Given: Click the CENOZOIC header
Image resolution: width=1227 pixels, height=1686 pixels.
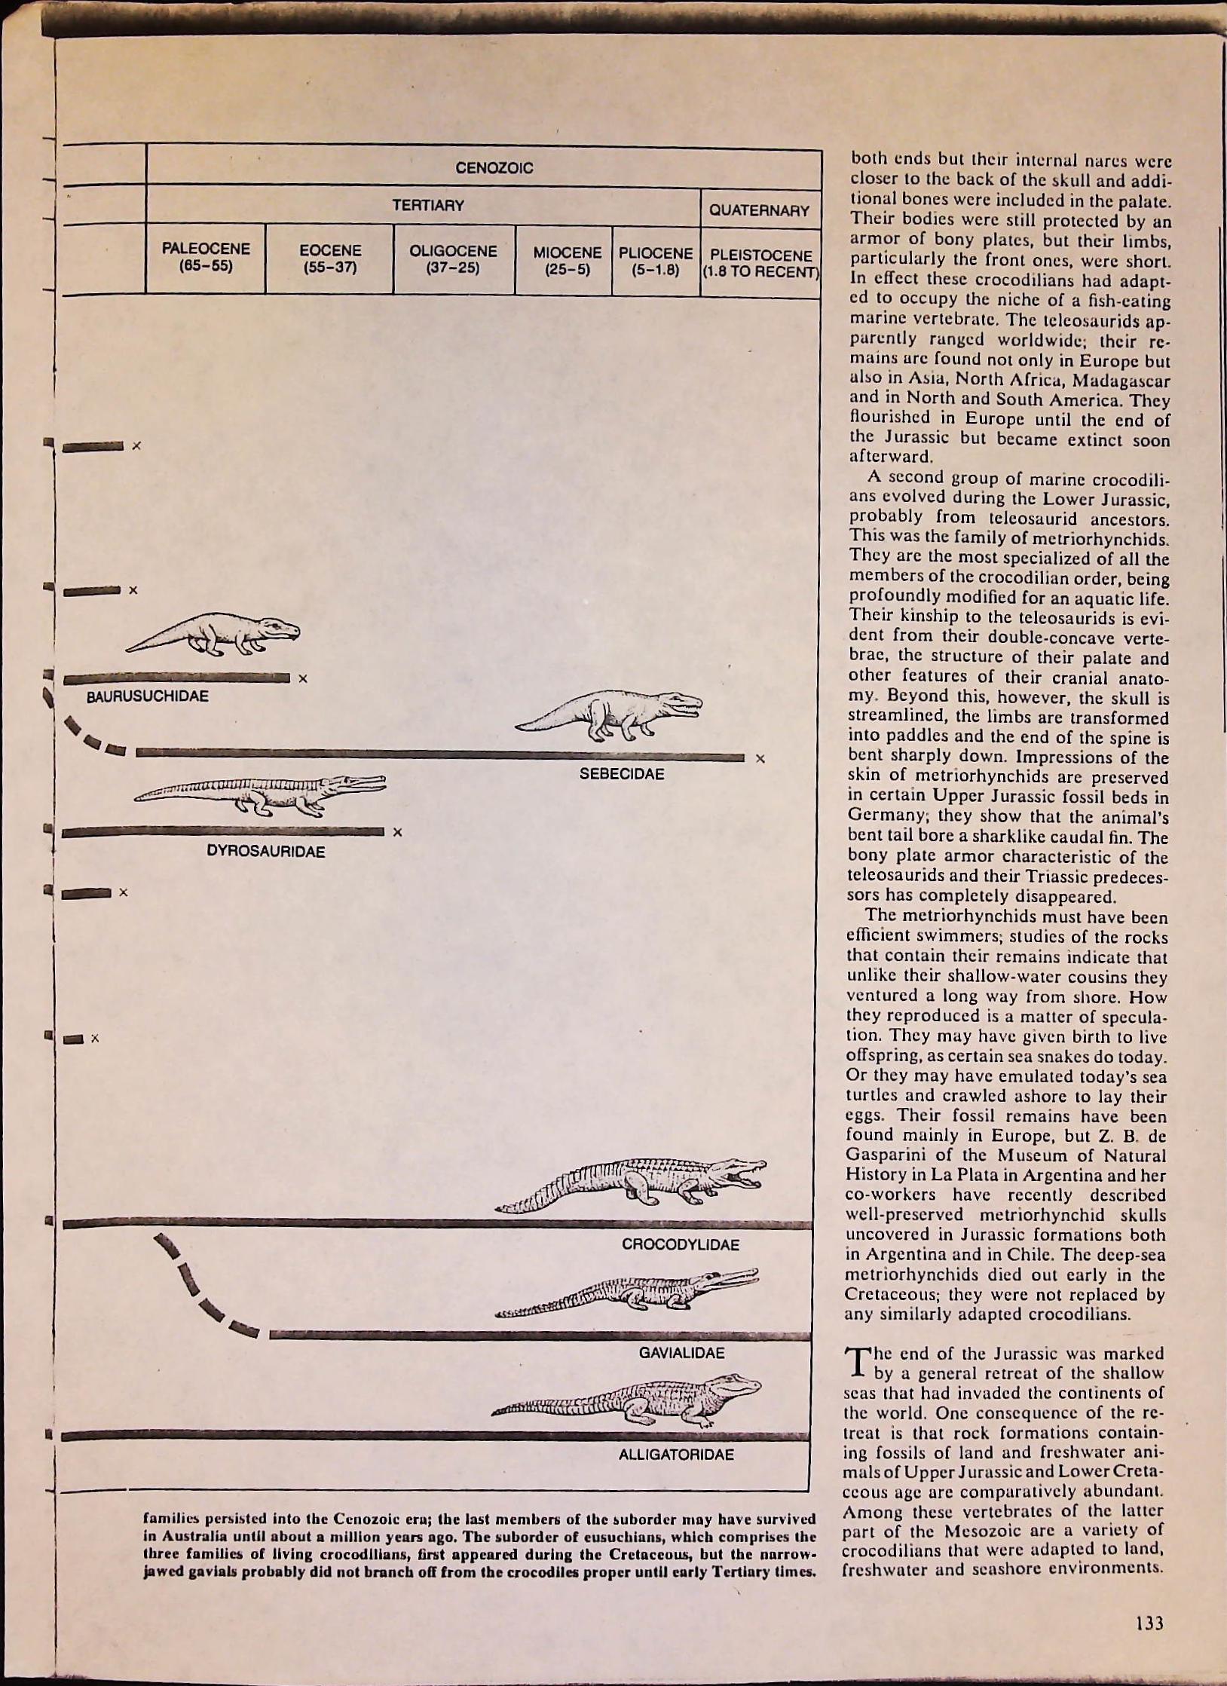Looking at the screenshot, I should pyautogui.click(x=494, y=168).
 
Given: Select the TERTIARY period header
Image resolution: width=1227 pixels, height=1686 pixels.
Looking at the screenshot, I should pyautogui.click(x=427, y=205).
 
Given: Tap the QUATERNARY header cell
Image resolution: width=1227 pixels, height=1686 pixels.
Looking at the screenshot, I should pyautogui.click(x=759, y=210).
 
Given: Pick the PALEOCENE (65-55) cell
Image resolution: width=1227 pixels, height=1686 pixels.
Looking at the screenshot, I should pyautogui.click(x=206, y=257).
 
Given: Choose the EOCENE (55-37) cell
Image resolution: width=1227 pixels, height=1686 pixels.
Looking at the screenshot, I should pyautogui.click(x=330, y=259).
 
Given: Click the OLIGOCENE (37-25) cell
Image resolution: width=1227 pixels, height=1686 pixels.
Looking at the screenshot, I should pyautogui.click(x=453, y=259).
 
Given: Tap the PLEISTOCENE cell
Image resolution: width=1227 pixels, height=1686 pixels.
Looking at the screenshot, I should pyautogui.click(x=760, y=264).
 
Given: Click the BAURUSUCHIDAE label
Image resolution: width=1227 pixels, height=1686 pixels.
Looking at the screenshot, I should pyautogui.click(x=148, y=696).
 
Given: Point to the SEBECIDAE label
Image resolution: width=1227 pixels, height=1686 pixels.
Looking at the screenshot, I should pyautogui.click(x=622, y=774).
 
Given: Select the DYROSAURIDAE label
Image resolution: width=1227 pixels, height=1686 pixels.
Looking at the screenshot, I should pyautogui.click(x=266, y=852).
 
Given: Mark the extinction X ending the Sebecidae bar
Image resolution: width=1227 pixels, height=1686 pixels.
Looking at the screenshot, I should pyautogui.click(x=760, y=759).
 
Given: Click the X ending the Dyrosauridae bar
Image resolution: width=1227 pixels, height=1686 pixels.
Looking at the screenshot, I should pyautogui.click(x=398, y=832).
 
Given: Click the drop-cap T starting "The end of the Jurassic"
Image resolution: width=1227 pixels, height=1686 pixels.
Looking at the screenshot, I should pyautogui.click(x=859, y=1360).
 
